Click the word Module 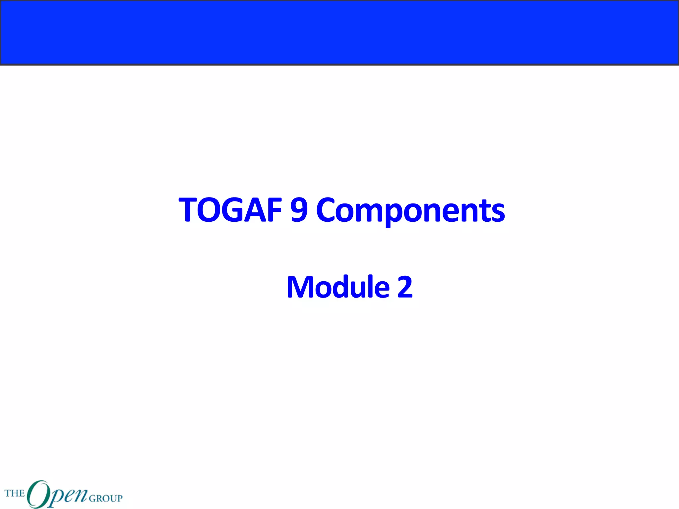point(338,287)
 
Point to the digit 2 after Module point(405,287)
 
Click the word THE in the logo point(15,493)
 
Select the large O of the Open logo point(37,494)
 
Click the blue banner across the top point(339,32)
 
